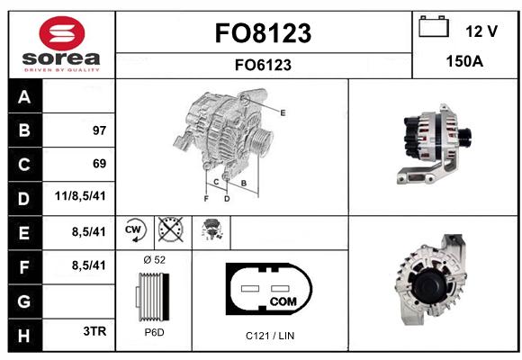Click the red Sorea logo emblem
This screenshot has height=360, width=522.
pos(62,33)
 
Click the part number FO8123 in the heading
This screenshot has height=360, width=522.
pos(263,33)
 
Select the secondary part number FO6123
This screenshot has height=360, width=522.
pos(263,65)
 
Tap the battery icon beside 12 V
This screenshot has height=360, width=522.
pos(434,26)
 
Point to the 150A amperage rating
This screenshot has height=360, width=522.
pos(464,61)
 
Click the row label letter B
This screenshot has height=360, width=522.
pos(24,130)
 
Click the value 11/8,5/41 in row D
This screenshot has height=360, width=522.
pos(80,196)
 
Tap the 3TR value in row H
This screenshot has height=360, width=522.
pos(94,331)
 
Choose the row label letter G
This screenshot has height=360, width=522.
pos(24,301)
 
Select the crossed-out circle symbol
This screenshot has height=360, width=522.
pos(170,229)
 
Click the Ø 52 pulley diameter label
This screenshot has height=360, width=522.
pos(155,260)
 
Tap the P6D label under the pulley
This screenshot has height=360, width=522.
pos(155,332)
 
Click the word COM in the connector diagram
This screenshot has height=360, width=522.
pos(283,301)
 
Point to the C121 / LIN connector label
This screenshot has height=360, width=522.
pos(270,336)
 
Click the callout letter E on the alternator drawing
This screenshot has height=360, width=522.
pos(283,112)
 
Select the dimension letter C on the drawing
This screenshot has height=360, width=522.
pos(216,182)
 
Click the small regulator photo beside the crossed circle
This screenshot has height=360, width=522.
pos(211,229)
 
